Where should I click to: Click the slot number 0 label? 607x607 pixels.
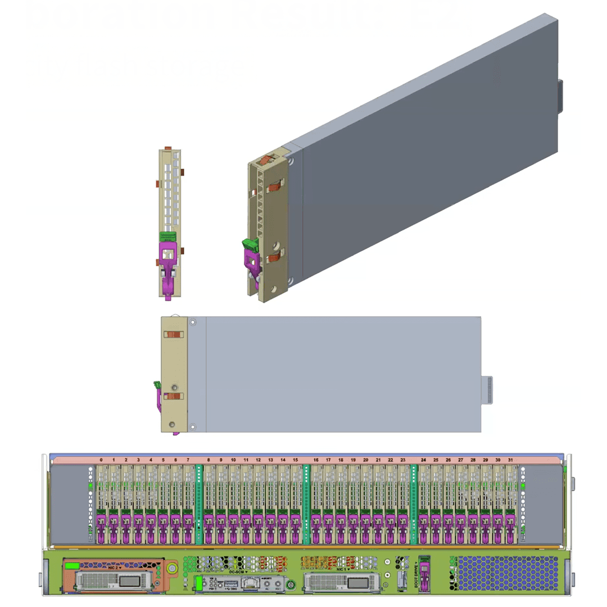click(101, 460)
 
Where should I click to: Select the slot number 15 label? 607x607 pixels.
click(296, 460)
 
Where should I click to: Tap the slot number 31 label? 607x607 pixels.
click(510, 460)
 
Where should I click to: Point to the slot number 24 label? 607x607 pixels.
click(423, 460)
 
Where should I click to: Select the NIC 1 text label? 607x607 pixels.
click(341, 568)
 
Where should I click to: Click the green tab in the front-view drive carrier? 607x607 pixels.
click(168, 237)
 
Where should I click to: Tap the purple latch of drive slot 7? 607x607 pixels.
click(188, 528)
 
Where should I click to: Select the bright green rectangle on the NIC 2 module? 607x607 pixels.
click(73, 565)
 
